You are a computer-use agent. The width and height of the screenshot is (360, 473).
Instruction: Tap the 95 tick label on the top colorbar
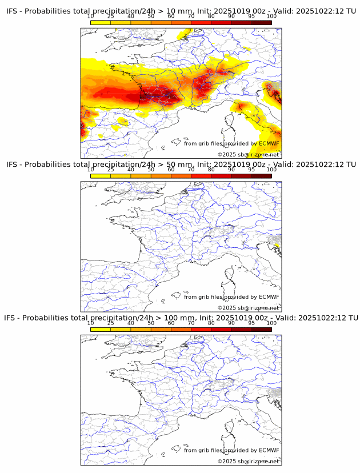(251, 16)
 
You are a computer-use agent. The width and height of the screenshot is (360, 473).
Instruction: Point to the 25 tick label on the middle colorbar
(111, 170)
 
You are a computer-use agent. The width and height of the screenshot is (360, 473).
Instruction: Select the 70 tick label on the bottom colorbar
(191, 323)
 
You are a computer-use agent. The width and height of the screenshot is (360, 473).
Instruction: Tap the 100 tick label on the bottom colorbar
(271, 323)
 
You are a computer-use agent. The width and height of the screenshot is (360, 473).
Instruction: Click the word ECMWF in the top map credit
(269, 143)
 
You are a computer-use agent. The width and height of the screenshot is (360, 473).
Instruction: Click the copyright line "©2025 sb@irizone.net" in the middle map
(248, 308)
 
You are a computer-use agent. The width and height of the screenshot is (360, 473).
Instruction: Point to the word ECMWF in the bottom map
(269, 450)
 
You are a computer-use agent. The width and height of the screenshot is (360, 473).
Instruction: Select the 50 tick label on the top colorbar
(151, 16)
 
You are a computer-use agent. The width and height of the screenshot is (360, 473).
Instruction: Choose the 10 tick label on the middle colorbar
(91, 170)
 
